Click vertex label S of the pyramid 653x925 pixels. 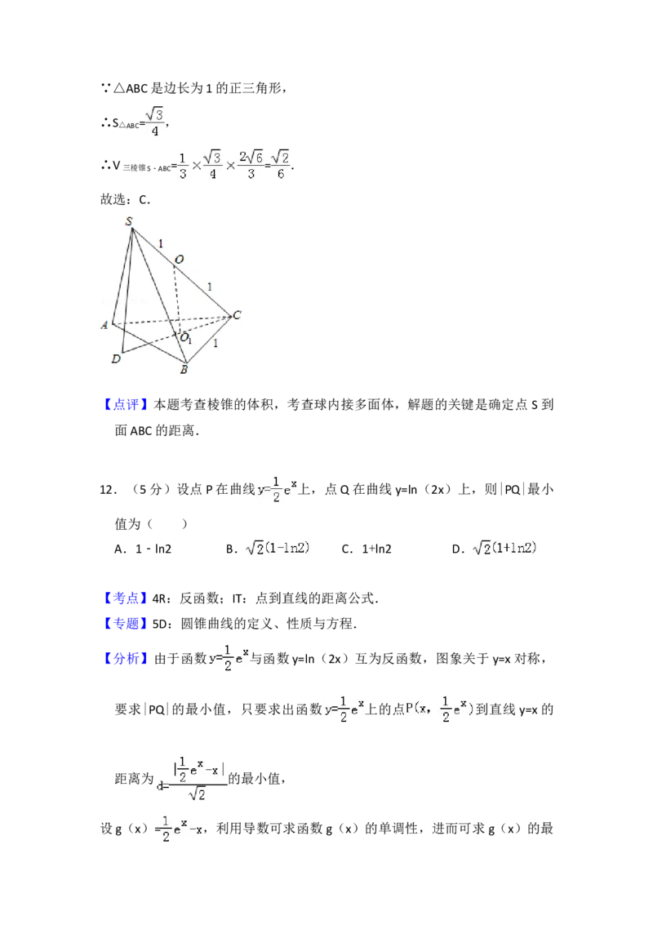pos(129,220)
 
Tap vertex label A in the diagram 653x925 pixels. pos(104,325)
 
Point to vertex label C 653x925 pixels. pos(237,315)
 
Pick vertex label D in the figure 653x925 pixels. pos(116,358)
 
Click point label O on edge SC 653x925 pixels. pos(179,260)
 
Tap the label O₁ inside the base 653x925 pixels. pos(186,338)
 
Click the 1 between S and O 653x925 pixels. pos(161,243)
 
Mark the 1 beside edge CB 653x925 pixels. pos(215,344)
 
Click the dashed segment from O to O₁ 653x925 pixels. pos(177,298)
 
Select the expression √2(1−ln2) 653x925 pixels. pos(278,549)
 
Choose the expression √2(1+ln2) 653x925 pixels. pos(506,549)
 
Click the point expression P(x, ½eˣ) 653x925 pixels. pos(441,710)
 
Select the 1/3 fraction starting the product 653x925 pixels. pos(183,164)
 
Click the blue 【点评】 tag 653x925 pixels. pos(127,404)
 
